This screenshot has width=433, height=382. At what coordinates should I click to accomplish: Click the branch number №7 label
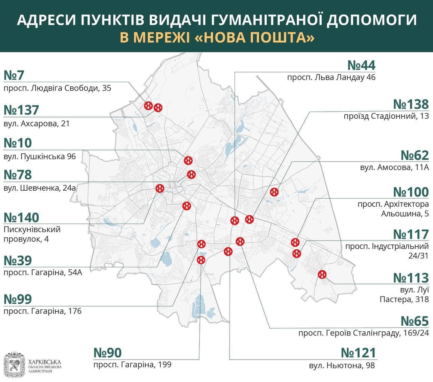click(14, 75)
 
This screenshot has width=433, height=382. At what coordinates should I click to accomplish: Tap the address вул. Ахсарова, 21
click(37, 123)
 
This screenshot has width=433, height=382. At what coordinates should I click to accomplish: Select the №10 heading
click(18, 143)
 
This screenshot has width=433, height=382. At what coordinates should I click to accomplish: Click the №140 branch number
click(21, 217)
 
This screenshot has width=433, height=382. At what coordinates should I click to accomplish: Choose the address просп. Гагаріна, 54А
click(43, 272)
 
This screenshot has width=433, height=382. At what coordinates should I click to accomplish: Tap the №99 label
click(18, 299)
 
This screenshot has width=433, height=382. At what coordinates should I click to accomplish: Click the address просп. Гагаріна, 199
click(132, 365)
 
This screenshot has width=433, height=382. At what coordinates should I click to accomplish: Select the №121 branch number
click(358, 353)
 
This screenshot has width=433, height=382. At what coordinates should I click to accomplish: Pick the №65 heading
click(414, 321)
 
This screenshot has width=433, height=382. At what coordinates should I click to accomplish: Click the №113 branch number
click(411, 278)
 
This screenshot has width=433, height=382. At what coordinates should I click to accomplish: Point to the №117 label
click(411, 234)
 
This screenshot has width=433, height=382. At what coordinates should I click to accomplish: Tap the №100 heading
click(411, 192)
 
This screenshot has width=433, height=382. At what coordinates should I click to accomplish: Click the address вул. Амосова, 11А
click(394, 167)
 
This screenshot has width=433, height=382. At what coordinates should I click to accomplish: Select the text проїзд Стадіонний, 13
click(386, 116)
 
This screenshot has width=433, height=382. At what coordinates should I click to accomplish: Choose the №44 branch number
click(362, 65)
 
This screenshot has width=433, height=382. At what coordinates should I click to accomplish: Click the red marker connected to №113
click(322, 274)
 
